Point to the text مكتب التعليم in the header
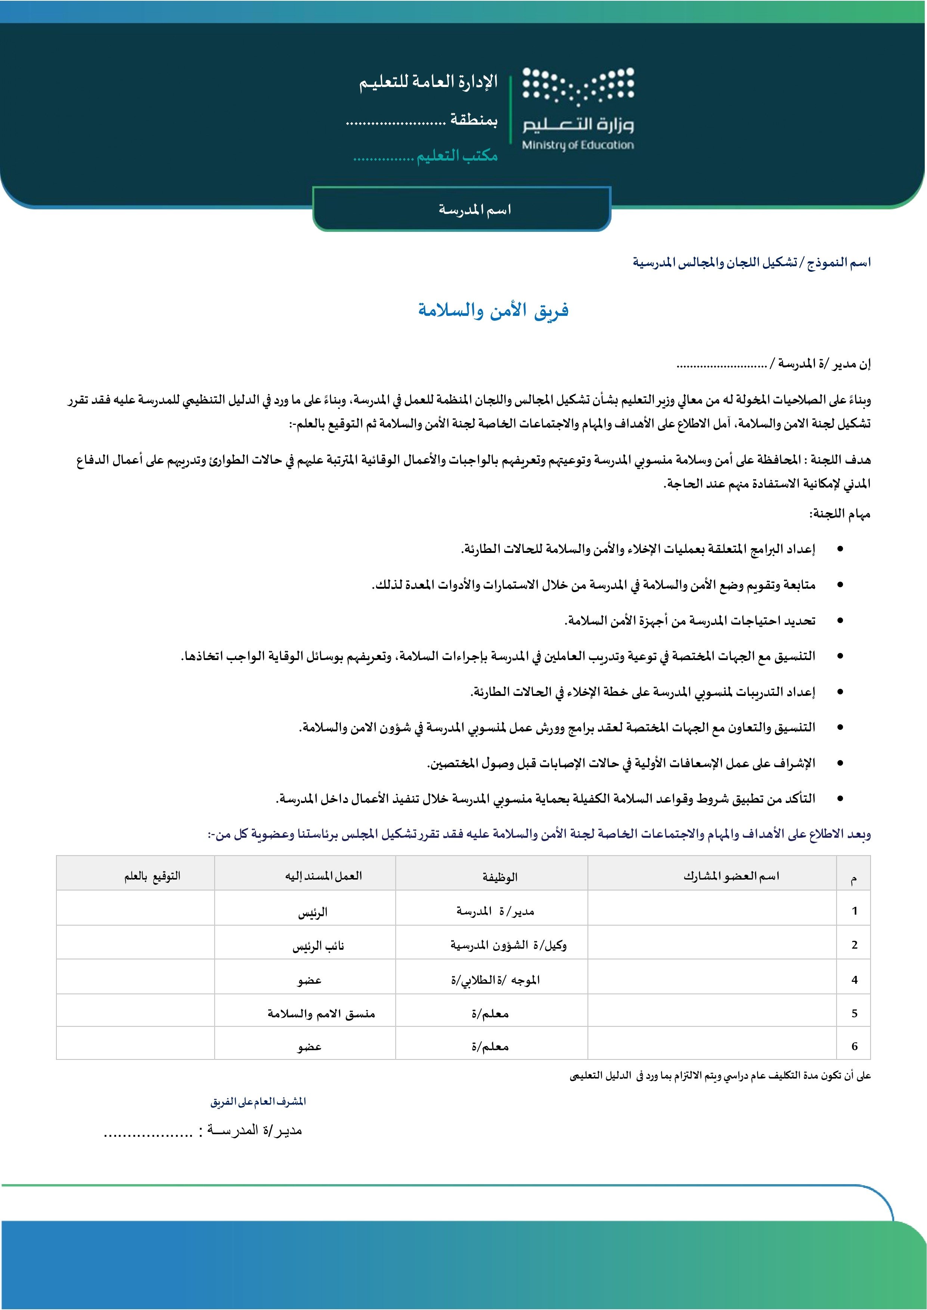pyautogui.click(x=457, y=155)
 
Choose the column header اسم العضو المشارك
pyautogui.click(x=731, y=876)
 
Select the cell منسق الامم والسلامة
pyautogui.click(x=321, y=1014)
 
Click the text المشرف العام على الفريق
pyautogui.click(x=258, y=1102)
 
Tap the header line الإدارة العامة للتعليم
pyautogui.click(x=428, y=82)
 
